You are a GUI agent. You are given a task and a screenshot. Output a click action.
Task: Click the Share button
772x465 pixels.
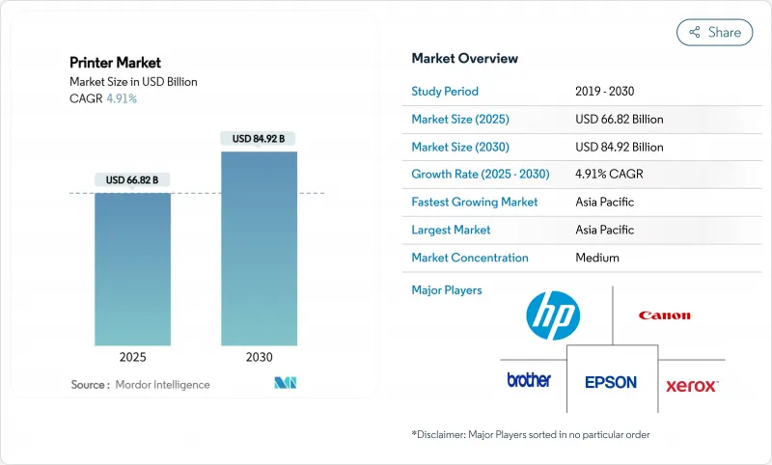tap(714, 32)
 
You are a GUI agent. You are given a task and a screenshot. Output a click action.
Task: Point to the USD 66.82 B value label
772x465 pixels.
tap(132, 180)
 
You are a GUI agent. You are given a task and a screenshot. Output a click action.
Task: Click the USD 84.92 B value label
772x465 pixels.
tap(259, 139)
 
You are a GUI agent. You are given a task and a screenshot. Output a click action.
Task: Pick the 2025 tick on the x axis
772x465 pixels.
tap(132, 356)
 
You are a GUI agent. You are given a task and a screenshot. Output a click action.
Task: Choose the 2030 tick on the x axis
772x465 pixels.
tap(259, 356)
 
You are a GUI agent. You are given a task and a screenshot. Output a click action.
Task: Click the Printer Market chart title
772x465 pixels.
tap(115, 63)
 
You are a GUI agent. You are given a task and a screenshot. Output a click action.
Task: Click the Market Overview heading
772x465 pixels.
tap(464, 59)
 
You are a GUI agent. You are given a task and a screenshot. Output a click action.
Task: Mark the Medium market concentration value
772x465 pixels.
tap(596, 258)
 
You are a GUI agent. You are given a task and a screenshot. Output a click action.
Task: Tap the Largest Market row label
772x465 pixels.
tap(451, 230)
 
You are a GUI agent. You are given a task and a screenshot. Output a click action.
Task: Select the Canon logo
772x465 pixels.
tap(664, 315)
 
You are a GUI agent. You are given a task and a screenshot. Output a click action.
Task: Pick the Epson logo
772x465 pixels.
tap(611, 382)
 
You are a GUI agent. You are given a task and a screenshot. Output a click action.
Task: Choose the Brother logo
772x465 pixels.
tap(529, 380)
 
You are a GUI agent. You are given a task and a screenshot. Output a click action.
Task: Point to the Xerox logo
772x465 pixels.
tap(691, 386)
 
